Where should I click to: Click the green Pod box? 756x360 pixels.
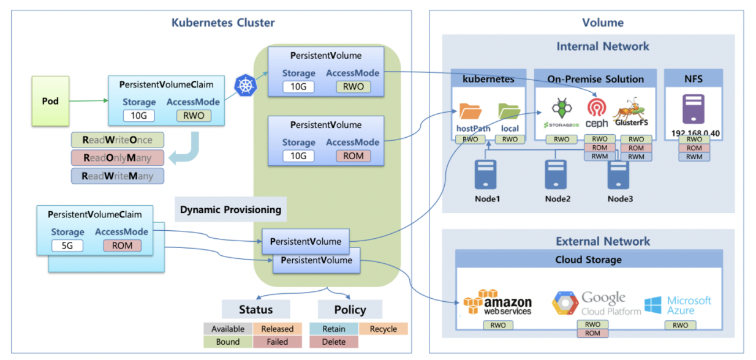[51, 100]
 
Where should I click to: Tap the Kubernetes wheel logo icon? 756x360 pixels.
[246, 84]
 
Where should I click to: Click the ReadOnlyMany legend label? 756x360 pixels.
[117, 158]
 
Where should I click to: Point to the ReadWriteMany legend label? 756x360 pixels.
[117, 176]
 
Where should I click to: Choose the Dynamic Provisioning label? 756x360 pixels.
[230, 209]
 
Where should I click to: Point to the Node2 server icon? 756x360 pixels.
[556, 174]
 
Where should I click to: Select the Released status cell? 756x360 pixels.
[278, 329]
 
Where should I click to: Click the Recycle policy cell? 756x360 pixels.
[384, 329]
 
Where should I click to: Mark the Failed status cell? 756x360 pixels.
[278, 342]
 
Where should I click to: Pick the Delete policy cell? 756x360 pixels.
[334, 342]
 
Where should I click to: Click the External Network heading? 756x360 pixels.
[603, 241]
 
